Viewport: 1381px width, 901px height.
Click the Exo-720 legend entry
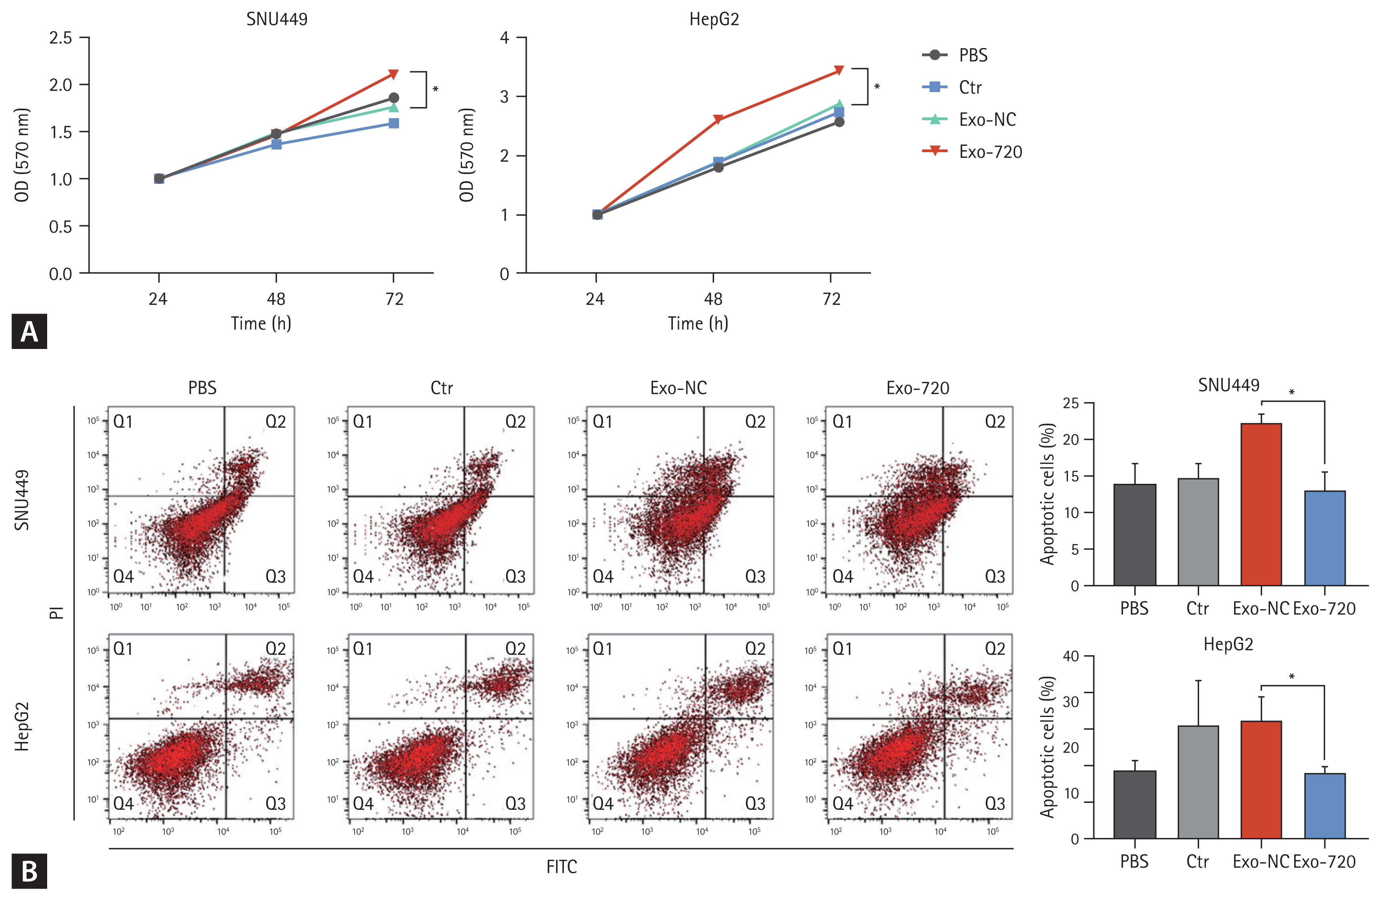coord(990,152)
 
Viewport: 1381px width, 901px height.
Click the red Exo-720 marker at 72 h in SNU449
coord(393,74)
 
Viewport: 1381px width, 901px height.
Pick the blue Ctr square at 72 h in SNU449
coord(393,123)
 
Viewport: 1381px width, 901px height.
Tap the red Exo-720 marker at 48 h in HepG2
coord(718,120)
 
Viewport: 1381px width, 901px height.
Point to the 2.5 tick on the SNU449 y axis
coord(60,38)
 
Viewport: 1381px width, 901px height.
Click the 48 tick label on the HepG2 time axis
coord(713,299)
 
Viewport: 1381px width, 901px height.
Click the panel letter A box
coord(29,332)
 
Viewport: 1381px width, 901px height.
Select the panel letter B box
coord(29,871)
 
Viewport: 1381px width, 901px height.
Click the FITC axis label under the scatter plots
coord(561,867)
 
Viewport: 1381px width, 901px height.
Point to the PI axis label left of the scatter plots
coord(56,612)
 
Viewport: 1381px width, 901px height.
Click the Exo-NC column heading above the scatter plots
coord(678,388)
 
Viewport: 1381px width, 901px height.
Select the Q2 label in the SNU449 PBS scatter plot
coord(276,422)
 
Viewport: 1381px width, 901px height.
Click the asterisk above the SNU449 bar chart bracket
coord(1292,393)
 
